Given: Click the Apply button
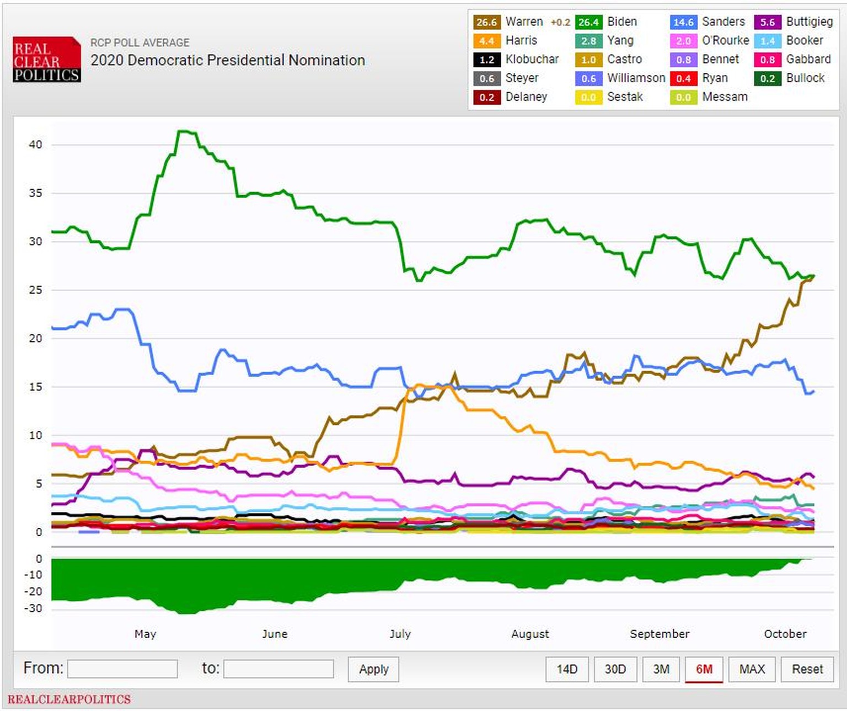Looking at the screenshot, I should pyautogui.click(x=373, y=669).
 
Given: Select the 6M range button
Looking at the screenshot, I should pyautogui.click(x=704, y=669).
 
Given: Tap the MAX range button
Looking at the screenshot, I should pyautogui.click(x=752, y=669).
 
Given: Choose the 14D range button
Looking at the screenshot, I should pyautogui.click(x=567, y=669).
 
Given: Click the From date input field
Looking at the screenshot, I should pyautogui.click(x=122, y=669).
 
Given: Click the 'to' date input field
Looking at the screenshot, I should pyautogui.click(x=278, y=669).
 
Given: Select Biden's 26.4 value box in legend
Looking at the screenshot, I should pyautogui.click(x=588, y=22).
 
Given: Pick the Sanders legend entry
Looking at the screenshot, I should pyautogui.click(x=723, y=22).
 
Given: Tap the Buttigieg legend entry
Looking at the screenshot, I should pyautogui.click(x=809, y=22).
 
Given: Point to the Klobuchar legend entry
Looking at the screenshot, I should pyautogui.click(x=532, y=59).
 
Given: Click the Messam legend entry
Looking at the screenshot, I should pyautogui.click(x=725, y=97).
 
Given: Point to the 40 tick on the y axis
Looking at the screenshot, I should pyautogui.click(x=35, y=145).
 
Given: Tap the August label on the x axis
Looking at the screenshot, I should pyautogui.click(x=530, y=634).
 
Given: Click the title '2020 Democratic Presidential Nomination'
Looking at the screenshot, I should pyautogui.click(x=228, y=60).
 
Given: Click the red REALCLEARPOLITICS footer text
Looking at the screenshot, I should pyautogui.click(x=69, y=699).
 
